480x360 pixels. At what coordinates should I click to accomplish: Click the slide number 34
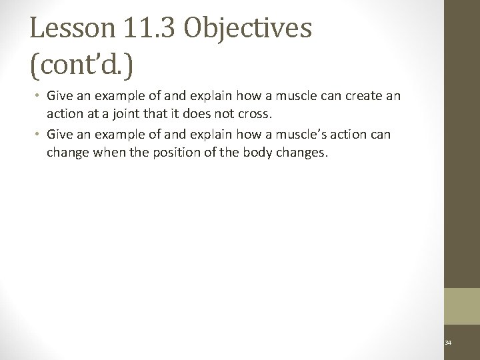447,343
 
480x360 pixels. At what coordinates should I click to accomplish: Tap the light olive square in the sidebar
462,307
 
